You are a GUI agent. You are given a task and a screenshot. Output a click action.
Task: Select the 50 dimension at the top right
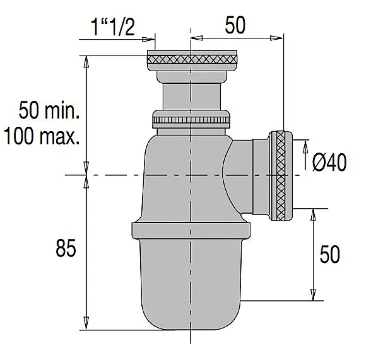[x=235, y=26]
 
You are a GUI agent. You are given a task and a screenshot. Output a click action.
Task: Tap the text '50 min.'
[x=49, y=112]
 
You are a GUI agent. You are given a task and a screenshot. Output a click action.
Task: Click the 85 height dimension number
[x=66, y=249]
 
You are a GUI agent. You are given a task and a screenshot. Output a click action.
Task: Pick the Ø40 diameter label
[x=329, y=163]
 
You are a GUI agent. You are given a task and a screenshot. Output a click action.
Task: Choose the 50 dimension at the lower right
[x=329, y=254]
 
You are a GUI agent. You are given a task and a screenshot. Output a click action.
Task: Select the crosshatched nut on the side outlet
[x=281, y=175]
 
